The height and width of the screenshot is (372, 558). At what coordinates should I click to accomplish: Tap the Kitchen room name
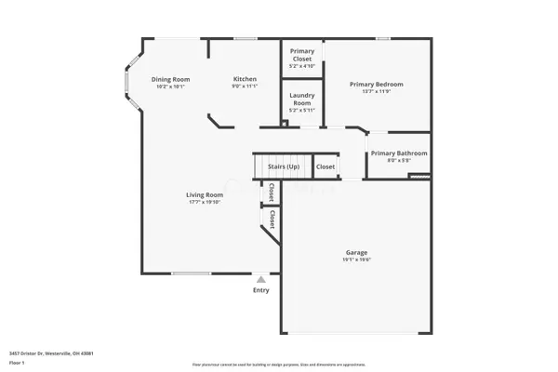[x=245, y=80]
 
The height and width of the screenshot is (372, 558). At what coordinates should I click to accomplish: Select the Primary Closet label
[x=302, y=55]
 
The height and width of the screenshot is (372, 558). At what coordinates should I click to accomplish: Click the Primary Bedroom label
[x=377, y=85]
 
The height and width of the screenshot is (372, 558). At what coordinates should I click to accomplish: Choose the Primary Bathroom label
[x=399, y=153]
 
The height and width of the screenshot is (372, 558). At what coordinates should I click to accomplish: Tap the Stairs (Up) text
[x=284, y=167]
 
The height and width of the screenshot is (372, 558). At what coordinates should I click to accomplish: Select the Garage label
[x=358, y=253]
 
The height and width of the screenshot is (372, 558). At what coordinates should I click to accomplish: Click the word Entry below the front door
[x=261, y=290]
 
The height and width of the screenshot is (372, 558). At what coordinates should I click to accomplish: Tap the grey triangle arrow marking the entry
[x=261, y=278]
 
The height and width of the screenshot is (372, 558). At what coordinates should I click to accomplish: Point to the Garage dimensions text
[x=358, y=260]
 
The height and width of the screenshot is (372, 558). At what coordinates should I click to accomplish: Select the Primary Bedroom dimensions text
[x=377, y=91]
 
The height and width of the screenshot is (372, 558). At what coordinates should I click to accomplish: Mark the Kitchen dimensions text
[x=245, y=86]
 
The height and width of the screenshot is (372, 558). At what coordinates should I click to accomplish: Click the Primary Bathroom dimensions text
[x=399, y=160]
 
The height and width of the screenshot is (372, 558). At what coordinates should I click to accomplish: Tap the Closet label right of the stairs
[x=325, y=167]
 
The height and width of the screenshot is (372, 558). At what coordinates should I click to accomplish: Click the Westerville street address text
[x=51, y=353]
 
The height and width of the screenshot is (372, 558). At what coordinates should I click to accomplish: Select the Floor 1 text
[x=17, y=362]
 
